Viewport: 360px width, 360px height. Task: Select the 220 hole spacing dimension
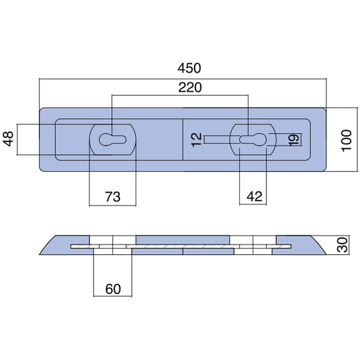point(190,87)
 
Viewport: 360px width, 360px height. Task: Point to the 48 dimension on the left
point(8,139)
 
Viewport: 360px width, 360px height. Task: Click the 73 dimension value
point(113,196)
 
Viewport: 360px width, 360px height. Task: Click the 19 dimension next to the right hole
point(293,139)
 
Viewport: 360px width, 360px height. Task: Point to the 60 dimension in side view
point(113,289)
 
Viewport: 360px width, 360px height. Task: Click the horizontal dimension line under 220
point(180,95)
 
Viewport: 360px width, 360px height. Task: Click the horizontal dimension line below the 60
point(113,296)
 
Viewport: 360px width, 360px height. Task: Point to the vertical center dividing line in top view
point(182,139)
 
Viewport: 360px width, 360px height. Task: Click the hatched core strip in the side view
point(180,247)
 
